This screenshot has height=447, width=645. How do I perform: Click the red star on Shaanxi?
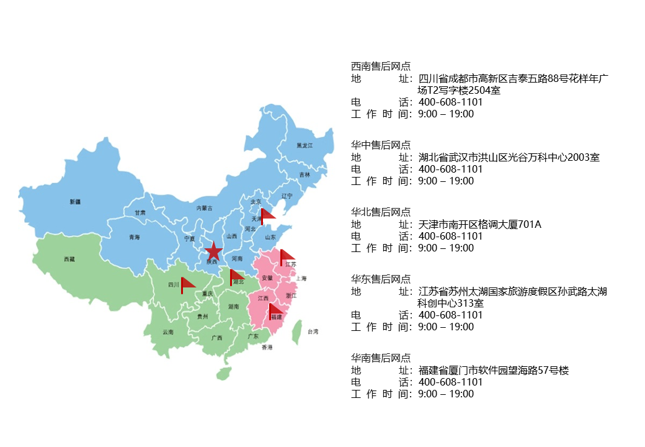pos(213,251)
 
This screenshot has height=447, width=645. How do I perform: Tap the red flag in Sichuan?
pos(187,284)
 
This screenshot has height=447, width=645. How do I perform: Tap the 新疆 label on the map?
pos(75,201)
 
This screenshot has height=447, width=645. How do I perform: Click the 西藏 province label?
pos(69,259)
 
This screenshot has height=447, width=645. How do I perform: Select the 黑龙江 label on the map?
pos(305,145)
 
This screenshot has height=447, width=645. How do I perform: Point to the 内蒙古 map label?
pos(204,208)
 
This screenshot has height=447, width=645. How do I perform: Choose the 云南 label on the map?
pos(168,332)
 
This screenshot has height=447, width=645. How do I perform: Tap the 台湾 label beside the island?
pos(313,332)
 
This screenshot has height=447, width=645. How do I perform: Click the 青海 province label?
pos(135,238)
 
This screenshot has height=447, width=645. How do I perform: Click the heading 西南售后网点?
pos(381,66)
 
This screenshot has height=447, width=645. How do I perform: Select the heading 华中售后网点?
pos(381,145)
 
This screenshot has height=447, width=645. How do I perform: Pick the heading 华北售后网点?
pos(381,212)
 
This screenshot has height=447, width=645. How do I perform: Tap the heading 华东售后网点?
pos(381,279)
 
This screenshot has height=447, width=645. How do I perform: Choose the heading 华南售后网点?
pos(381,358)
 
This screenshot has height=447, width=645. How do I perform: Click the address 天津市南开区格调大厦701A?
pos(480,224)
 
